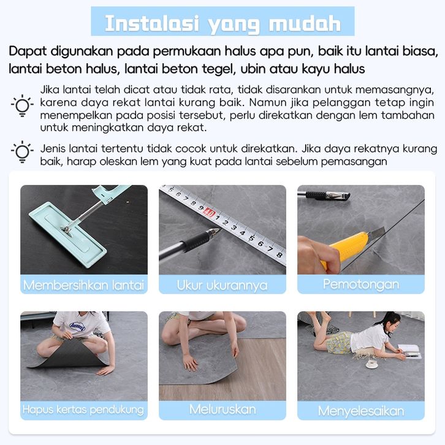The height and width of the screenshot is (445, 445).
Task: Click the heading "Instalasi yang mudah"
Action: pyautogui.click(x=222, y=24)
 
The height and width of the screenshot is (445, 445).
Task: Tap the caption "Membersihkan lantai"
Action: pyautogui.click(x=84, y=285)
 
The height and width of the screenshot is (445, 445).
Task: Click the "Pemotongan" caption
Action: pyautogui.click(x=361, y=284)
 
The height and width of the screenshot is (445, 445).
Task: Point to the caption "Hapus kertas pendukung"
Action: pyautogui.click(x=83, y=410)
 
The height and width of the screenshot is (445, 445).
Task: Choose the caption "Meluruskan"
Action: pyautogui.click(x=222, y=409)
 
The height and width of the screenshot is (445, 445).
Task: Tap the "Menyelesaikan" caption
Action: pyautogui.click(x=361, y=411)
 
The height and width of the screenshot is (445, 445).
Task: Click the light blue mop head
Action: pyautogui.click(x=68, y=235)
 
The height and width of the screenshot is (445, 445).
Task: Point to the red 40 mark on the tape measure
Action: pyautogui.click(x=210, y=212)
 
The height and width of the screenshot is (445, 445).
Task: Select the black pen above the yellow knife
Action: pyautogui.click(x=324, y=196)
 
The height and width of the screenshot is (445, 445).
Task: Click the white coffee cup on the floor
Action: pyautogui.click(x=371, y=363)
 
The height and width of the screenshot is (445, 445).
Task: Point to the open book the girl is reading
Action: pyautogui.click(x=409, y=351)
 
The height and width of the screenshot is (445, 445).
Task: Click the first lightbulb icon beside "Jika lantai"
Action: pyautogui.click(x=22, y=105)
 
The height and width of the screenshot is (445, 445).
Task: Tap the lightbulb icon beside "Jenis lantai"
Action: pyautogui.click(x=22, y=152)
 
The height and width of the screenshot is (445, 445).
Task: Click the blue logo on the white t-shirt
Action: pyautogui.click(x=77, y=326)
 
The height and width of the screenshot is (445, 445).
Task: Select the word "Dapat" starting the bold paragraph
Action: pyautogui.click(x=28, y=51)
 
